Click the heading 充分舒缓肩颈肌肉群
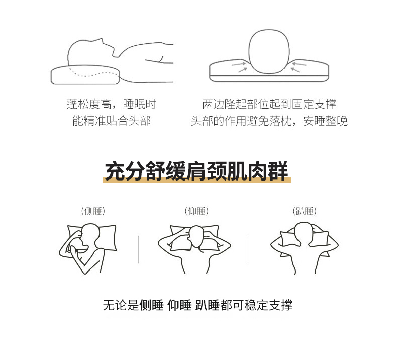[x=196, y=171]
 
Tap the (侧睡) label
[x=93, y=211]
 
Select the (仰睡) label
[x=196, y=211]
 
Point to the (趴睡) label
[x=305, y=211]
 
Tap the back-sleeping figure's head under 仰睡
[x=196, y=237]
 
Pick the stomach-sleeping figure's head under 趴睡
[x=304, y=233]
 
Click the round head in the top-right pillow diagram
[x=269, y=52]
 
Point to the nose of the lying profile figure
[x=102, y=40]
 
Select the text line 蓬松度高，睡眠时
[x=112, y=104]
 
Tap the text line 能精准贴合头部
[x=112, y=121]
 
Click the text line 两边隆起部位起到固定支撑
[x=269, y=104]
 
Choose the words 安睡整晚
[x=325, y=121]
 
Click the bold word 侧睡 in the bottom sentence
[x=151, y=305]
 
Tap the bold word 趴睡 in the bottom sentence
[x=207, y=305]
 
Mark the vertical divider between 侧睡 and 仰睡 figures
[x=139, y=249]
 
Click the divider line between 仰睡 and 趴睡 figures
[x=248, y=249]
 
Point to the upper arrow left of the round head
[x=239, y=64]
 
